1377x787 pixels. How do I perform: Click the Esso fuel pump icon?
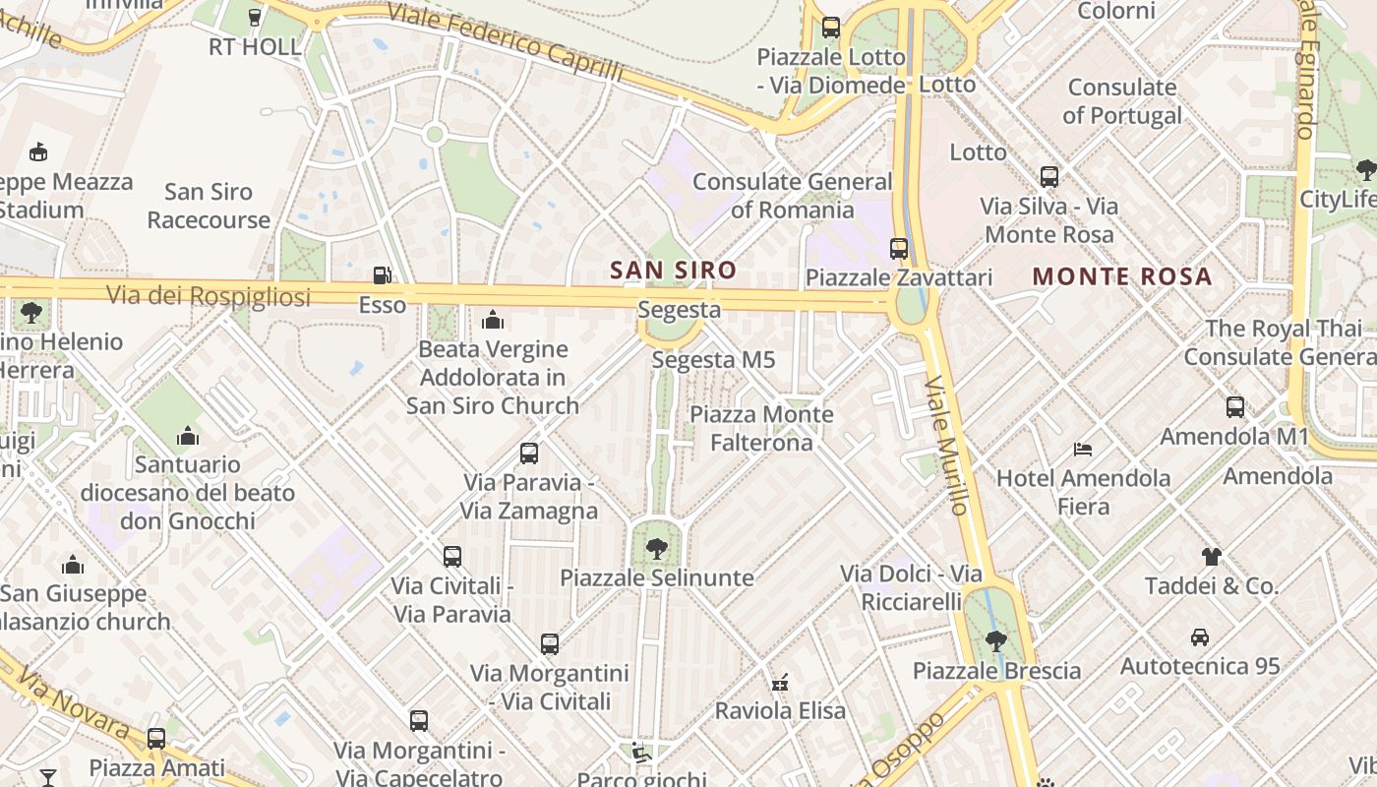click(383, 276)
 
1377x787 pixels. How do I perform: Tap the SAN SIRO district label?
click(673, 270)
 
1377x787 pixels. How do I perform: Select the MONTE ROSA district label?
click(1121, 276)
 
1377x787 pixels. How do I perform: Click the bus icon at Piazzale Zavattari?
click(899, 249)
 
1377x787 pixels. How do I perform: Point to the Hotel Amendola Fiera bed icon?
click(1083, 450)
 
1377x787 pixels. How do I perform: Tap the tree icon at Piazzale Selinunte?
click(656, 548)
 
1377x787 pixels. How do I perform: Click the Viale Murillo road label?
click(947, 446)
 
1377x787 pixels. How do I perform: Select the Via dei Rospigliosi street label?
click(208, 295)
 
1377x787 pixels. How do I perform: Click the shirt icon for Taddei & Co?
click(1211, 557)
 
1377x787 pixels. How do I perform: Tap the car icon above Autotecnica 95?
click(1200, 636)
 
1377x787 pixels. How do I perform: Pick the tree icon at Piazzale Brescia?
click(996, 641)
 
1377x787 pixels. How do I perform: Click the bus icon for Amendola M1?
click(1235, 406)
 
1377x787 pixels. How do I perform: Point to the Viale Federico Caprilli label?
click(506, 42)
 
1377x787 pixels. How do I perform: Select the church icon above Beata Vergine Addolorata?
click(493, 320)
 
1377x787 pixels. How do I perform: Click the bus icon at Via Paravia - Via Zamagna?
click(529, 454)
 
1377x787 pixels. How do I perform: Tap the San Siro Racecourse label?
click(209, 206)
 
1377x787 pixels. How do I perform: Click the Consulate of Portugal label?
click(1122, 101)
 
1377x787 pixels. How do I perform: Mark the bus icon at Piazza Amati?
click(156, 738)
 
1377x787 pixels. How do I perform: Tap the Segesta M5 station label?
click(713, 360)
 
